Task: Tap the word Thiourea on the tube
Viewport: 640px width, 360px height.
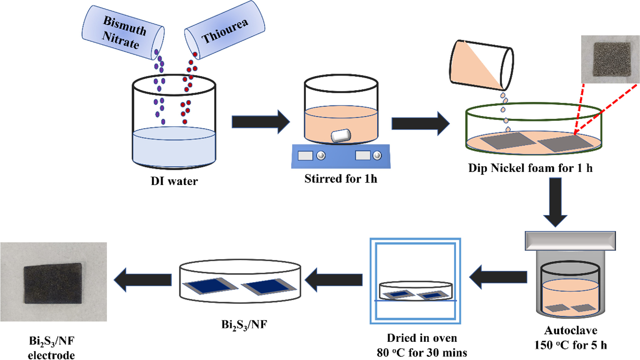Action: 225,31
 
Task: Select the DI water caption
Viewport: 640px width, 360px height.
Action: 174,181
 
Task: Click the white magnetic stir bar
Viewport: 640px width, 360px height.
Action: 341,136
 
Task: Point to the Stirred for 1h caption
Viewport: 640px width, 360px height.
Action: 341,179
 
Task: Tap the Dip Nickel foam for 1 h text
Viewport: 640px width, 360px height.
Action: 530,168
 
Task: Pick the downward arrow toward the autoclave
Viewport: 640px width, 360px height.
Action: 555,202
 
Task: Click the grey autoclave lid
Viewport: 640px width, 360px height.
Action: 570,241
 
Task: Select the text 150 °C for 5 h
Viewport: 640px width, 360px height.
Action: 570,345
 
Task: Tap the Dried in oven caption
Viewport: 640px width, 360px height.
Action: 422,338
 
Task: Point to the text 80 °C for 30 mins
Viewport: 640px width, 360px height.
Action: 422,353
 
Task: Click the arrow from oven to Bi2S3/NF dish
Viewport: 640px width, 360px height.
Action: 333,280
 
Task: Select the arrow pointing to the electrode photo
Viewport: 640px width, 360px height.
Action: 143,280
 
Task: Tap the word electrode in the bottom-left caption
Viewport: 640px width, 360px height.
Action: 51,355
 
